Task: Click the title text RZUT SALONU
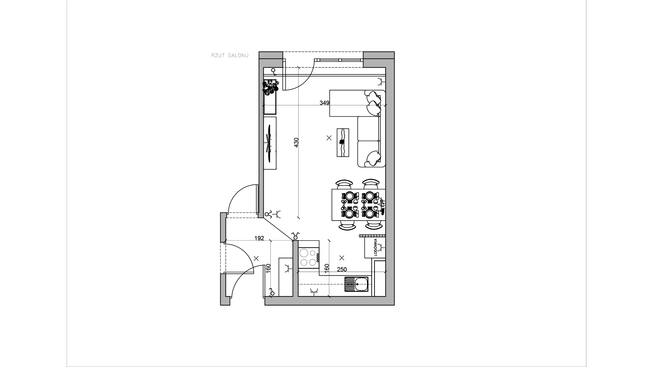230,55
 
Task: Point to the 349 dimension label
324,103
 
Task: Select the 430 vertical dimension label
296,142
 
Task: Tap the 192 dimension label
259,238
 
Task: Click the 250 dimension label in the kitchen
342,269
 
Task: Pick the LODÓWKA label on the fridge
375,247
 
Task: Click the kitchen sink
356,284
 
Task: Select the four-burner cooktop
309,258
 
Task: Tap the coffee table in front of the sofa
343,142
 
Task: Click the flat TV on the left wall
269,143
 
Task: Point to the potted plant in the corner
270,86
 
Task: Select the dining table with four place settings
358,205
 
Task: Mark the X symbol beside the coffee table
329,138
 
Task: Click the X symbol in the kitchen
342,257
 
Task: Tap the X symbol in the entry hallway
256,258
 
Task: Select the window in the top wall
340,60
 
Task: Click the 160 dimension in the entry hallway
268,268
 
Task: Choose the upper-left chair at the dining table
344,185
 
